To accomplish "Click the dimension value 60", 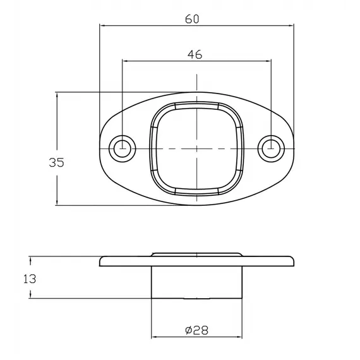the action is [x=192, y=19].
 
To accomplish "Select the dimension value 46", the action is [x=195, y=55].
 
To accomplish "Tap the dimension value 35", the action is [x=56, y=162].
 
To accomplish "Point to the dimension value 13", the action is [x=30, y=279].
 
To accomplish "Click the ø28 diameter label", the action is [x=196, y=330].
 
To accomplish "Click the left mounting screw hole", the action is [x=123, y=148].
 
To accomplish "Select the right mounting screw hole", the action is [x=271, y=148].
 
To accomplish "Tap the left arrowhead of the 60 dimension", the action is [x=102, y=25].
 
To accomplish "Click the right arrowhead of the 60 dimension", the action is [x=291, y=25].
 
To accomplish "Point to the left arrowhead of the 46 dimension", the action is [x=126, y=61].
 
